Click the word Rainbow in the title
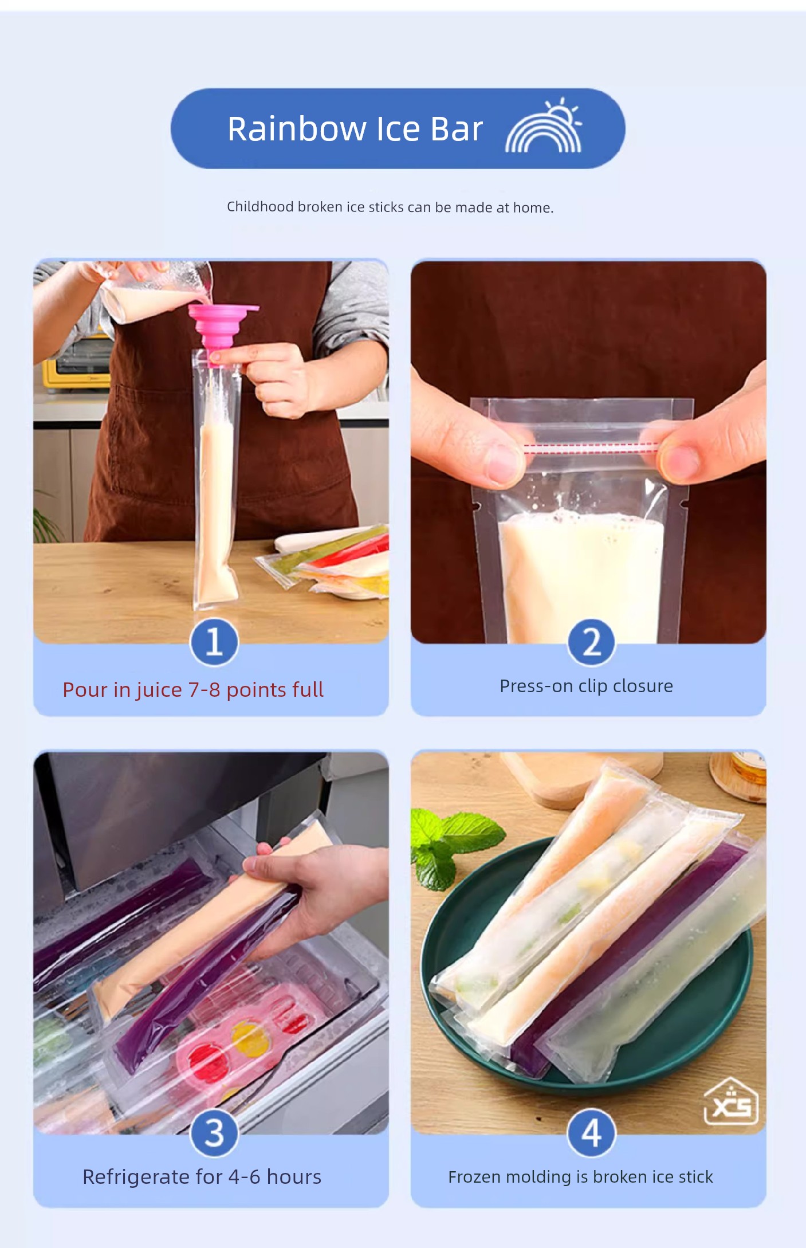[297, 128]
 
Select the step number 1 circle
[214, 642]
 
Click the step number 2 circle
[592, 642]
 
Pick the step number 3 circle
[214, 1133]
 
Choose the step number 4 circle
[592, 1133]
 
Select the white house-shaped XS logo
[731, 1101]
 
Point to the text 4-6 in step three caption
[244, 1177]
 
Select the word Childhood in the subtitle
[260, 207]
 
